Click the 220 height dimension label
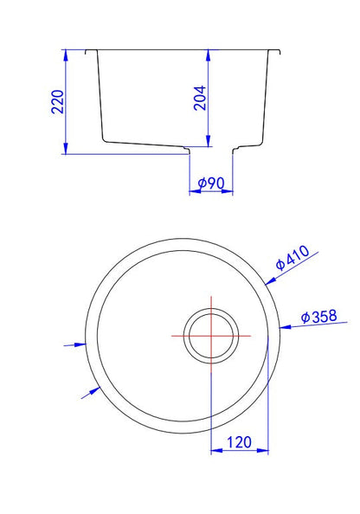click(x=58, y=102)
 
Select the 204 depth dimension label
click(x=200, y=98)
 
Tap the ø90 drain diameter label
click(x=211, y=183)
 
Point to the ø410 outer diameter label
click(x=292, y=258)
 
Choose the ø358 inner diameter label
click(x=319, y=317)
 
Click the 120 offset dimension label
click(x=240, y=442)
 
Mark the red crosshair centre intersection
click(x=211, y=336)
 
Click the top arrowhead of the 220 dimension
click(x=66, y=55)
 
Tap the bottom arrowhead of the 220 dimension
click(x=66, y=148)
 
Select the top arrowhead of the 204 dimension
click(x=208, y=55)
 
